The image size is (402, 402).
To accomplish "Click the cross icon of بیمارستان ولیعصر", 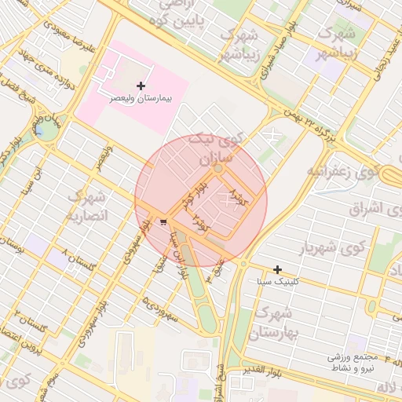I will pos(141,85).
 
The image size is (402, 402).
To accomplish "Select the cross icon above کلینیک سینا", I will pos(277,269).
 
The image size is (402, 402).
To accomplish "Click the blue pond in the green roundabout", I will pos(37,131).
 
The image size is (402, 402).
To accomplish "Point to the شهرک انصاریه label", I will pos(87,204).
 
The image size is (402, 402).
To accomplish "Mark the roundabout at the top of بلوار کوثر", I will pos(217,168).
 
